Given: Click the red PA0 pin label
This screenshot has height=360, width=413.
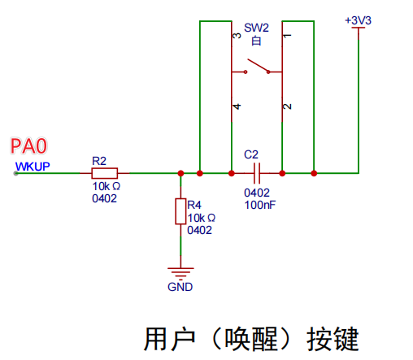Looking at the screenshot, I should click(x=29, y=146).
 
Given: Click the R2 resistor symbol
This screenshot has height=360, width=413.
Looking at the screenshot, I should click(x=104, y=173).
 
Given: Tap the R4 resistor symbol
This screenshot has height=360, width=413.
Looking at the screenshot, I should click(x=180, y=212).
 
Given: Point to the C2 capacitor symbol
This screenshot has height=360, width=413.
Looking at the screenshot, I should click(x=256, y=173).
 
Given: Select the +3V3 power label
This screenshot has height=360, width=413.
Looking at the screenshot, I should click(x=357, y=20).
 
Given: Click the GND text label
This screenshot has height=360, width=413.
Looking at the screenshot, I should click(x=180, y=287).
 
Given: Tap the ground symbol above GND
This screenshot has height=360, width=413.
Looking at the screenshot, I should click(x=180, y=272).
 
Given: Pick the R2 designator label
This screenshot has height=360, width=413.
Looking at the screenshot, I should click(x=99, y=161).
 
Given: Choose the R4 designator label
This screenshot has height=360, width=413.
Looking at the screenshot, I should click(x=193, y=204).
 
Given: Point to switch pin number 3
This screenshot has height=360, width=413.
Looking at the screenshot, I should click(x=237, y=36).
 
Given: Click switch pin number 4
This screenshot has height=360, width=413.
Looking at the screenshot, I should click(x=237, y=106).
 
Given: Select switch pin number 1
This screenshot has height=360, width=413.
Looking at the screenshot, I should click(x=286, y=36).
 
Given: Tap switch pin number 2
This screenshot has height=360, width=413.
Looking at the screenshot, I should click(x=286, y=106).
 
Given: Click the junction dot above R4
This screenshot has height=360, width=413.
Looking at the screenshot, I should click(x=180, y=173).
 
